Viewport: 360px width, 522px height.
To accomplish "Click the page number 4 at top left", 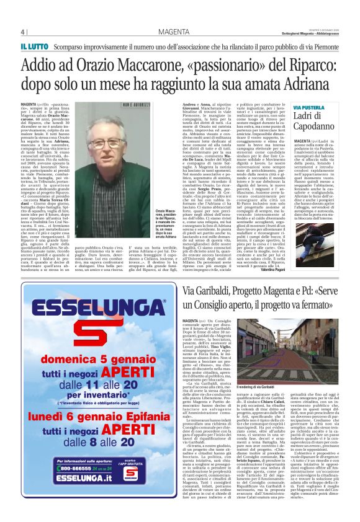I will coord(23,32).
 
